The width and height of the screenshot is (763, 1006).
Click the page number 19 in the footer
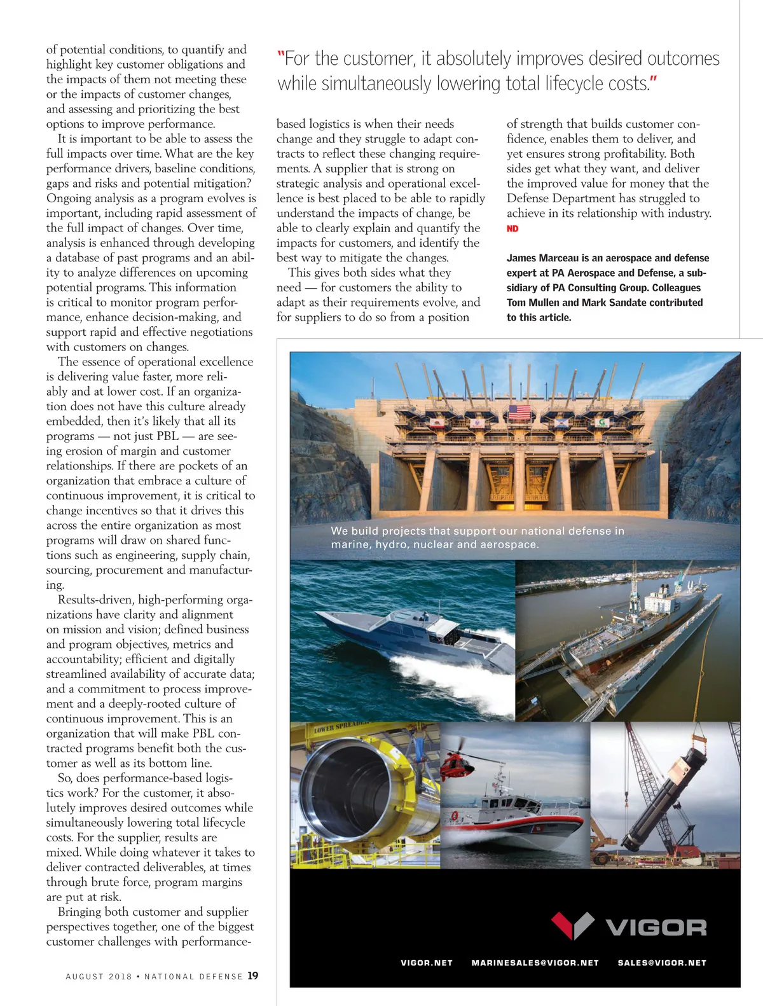click(x=253, y=975)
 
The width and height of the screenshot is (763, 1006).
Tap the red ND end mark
click(x=512, y=229)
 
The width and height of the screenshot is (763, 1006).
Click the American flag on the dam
click(x=519, y=412)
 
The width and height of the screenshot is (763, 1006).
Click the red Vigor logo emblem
click(x=572, y=925)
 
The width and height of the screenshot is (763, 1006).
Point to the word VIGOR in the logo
click(x=656, y=928)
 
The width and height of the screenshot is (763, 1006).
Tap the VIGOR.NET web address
click(x=427, y=963)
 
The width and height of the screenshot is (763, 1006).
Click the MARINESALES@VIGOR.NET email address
click(x=535, y=963)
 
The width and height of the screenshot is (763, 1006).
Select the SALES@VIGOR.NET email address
click(x=662, y=963)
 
